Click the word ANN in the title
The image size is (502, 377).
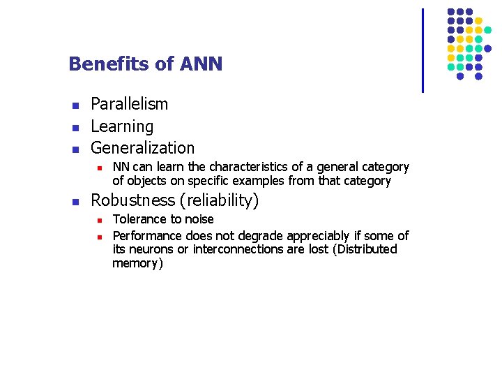pyautogui.click(x=201, y=64)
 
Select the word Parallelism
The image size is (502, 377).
pyautogui.click(x=130, y=104)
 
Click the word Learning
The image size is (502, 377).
pyautogui.click(x=122, y=126)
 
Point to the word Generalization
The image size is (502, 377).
pyautogui.click(x=143, y=148)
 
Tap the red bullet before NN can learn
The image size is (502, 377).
pyautogui.click(x=100, y=168)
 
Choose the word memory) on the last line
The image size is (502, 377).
pyautogui.click(x=137, y=264)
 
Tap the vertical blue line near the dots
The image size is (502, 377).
pyautogui.click(x=423, y=50)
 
